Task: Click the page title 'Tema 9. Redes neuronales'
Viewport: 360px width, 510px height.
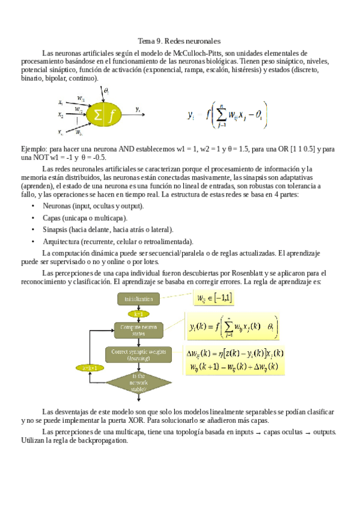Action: [x=180, y=41]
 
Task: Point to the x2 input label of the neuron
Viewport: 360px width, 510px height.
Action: [x=61, y=114]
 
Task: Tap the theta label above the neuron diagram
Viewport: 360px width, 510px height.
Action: [x=106, y=91]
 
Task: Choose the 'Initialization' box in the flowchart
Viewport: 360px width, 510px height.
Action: [x=138, y=299]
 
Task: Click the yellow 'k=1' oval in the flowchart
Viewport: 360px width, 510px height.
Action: [x=138, y=314]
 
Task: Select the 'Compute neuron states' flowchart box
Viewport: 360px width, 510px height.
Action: [x=138, y=330]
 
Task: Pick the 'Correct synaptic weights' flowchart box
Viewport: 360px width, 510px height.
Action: [x=138, y=355]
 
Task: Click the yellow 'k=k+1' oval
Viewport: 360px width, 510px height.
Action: [x=90, y=367]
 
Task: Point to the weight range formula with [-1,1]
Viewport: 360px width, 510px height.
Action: [x=215, y=298]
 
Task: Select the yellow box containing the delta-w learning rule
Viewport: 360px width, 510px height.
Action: [x=235, y=360]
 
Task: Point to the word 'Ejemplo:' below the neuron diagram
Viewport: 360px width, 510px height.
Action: [x=34, y=148]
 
